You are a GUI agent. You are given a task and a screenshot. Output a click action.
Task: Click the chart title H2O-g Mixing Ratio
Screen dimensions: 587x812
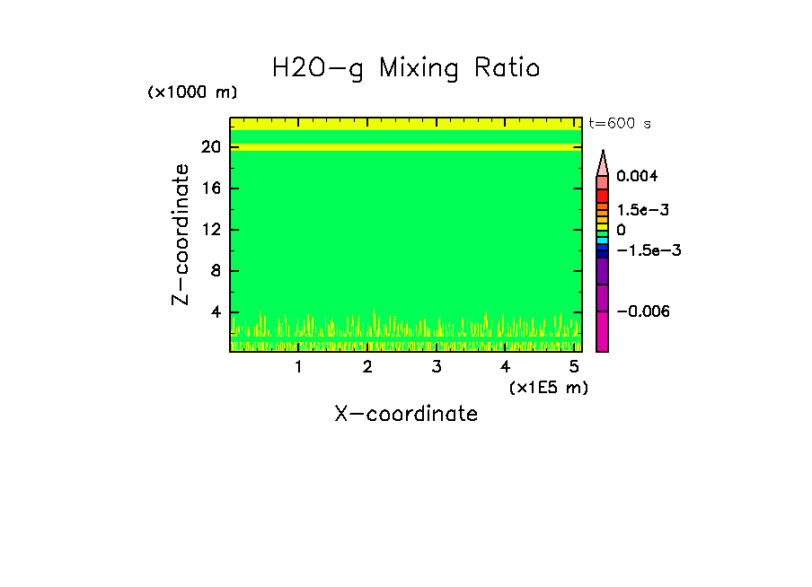(406, 68)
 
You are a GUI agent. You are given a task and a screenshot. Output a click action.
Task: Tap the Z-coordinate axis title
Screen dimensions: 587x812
(181, 234)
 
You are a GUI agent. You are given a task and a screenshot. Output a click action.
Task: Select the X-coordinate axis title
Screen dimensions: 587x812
(406, 414)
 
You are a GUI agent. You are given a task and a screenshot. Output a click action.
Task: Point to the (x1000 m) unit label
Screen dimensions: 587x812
(192, 93)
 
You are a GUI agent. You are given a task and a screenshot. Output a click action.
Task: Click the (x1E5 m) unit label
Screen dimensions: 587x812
(548, 387)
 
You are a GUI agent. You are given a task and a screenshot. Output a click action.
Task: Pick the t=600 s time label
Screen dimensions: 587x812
(619, 124)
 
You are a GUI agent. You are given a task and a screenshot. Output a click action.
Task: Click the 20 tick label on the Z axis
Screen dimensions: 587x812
(212, 147)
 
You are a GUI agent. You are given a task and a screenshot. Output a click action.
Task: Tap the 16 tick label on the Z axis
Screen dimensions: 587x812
(212, 188)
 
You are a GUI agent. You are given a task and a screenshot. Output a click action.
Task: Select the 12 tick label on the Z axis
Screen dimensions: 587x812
(212, 230)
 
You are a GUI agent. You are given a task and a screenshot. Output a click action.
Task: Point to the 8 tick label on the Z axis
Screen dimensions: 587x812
(216, 271)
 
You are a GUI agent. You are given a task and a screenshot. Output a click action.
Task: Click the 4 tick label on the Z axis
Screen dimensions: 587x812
(216, 312)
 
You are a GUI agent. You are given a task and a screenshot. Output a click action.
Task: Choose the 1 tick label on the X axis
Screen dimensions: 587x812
(298, 367)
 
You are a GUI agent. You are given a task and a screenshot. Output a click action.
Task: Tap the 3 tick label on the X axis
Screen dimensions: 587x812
(436, 367)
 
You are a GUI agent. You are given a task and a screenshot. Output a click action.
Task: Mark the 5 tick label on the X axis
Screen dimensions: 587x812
(574, 367)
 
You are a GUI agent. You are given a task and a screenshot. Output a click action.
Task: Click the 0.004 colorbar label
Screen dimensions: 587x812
(637, 176)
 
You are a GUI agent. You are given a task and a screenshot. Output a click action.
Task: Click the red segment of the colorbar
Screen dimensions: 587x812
(603, 195)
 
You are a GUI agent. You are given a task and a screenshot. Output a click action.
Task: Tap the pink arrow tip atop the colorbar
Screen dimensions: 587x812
(603, 162)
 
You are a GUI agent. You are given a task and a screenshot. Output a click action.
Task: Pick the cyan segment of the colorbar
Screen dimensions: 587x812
(603, 241)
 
